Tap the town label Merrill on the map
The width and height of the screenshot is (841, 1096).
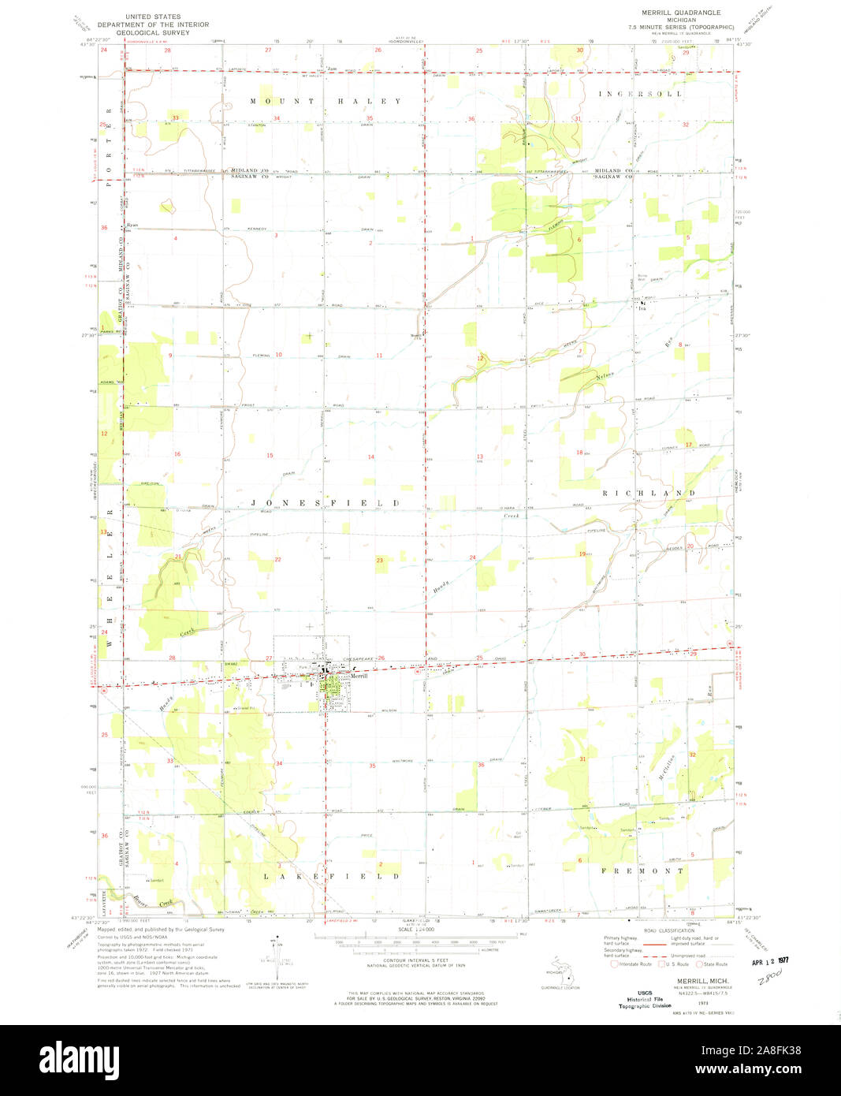click(358, 675)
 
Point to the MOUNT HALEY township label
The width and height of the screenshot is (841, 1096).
click(326, 102)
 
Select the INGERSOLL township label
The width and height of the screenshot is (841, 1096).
click(640, 94)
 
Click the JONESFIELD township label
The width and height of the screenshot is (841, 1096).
click(326, 502)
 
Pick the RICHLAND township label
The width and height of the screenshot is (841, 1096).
click(649, 493)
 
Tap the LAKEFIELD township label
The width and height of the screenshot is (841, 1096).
click(331, 876)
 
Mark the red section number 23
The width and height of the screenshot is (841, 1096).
click(380, 561)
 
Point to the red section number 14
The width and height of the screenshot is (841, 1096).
click(370, 457)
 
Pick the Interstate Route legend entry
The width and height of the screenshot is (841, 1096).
click(634, 964)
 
